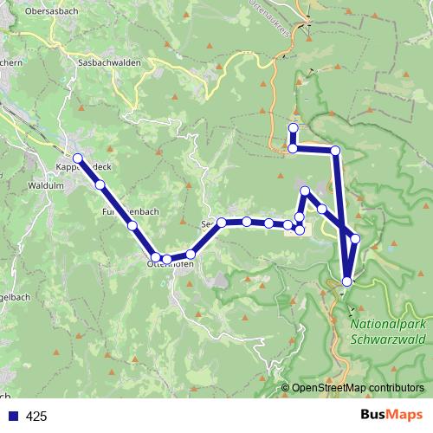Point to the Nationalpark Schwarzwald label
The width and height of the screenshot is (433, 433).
coord(389,331)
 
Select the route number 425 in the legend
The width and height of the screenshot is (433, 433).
coord(37,417)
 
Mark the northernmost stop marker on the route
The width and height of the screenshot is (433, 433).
coord(293,129)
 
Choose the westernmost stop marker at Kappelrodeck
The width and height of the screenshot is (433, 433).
coord(78,158)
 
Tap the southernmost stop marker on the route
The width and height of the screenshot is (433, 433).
coord(347,281)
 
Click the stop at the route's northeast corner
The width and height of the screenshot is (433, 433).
coord(335,152)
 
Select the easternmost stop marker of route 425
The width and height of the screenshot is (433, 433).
coord(354,238)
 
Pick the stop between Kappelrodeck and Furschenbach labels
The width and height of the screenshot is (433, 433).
coord(100,184)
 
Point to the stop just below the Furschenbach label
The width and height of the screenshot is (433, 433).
coord(132,225)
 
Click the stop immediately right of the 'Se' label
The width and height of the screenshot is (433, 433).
coord(222,223)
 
